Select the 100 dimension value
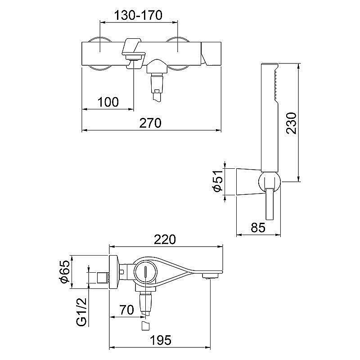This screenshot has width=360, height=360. click(108, 102)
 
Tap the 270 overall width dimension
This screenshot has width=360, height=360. click(150, 123)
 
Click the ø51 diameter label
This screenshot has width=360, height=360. click(218, 182)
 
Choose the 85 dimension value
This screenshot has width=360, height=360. click(257, 228)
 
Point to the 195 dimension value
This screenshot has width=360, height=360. click(161, 340)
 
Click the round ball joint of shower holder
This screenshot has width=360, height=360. click(270, 182)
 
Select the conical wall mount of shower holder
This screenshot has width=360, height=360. click(247, 182)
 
